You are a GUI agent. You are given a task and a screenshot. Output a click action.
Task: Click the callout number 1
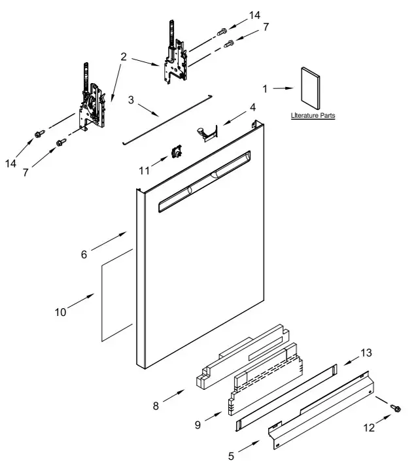pos(266,88)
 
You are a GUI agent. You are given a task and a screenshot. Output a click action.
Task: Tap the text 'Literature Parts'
pos(313,116)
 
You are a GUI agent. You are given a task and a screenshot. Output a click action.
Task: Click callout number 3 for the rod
pos(131,100)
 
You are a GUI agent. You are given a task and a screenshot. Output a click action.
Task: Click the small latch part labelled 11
pos(175,152)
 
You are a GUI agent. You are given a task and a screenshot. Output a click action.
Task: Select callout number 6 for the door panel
pos(84,254)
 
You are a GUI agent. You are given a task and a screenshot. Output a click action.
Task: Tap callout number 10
pos(60,312)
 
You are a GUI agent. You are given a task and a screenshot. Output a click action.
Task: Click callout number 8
pos(156,406)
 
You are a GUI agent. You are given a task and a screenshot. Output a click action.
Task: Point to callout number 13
pos(366,353)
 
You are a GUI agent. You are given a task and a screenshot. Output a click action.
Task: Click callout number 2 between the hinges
pos(124,58)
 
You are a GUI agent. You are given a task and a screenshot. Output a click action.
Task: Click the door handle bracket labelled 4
pos(207,133)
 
